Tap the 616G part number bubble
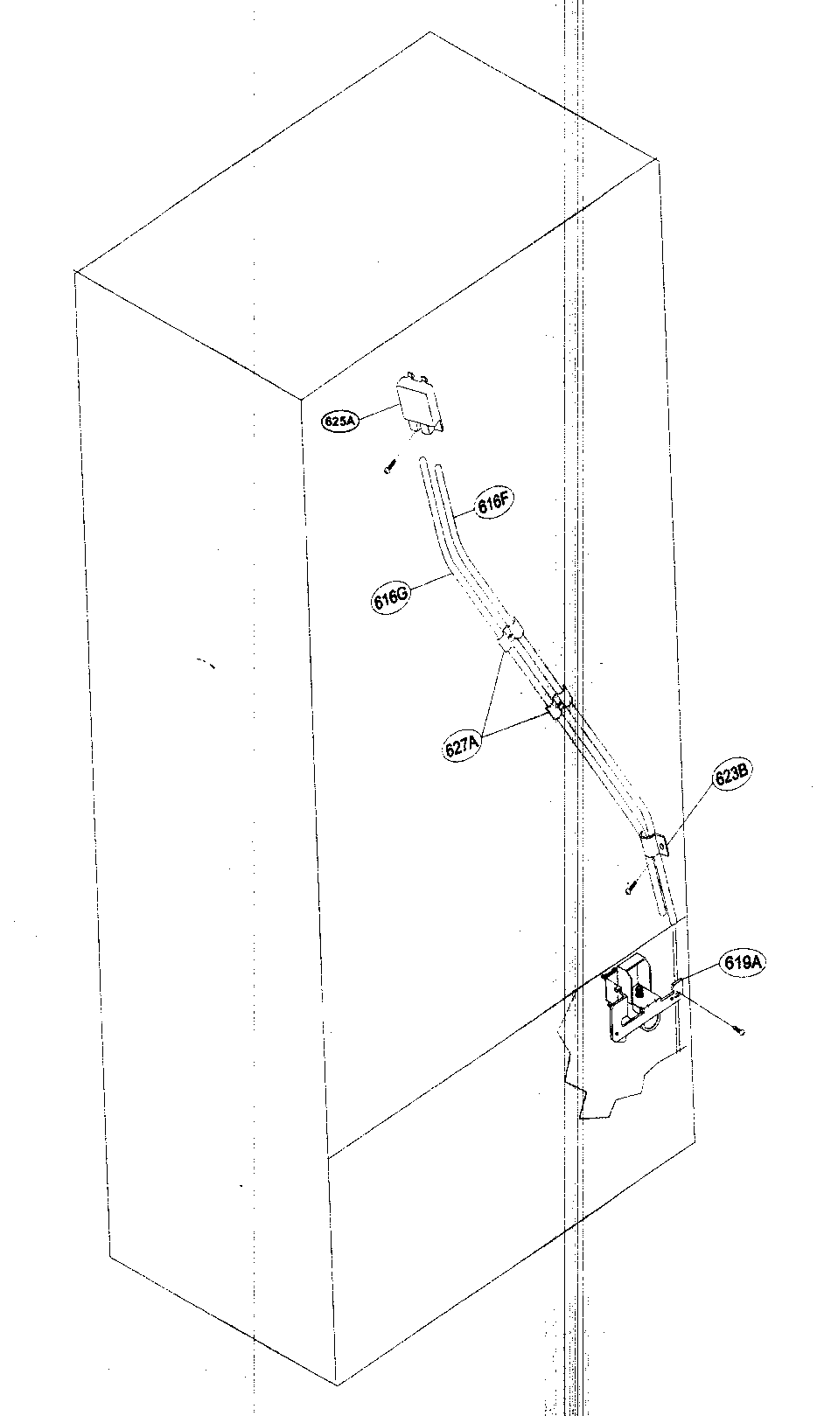(390, 601)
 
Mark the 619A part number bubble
(742, 962)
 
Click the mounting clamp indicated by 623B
(655, 845)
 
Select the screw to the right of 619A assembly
(739, 1032)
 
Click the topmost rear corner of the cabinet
(429, 32)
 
